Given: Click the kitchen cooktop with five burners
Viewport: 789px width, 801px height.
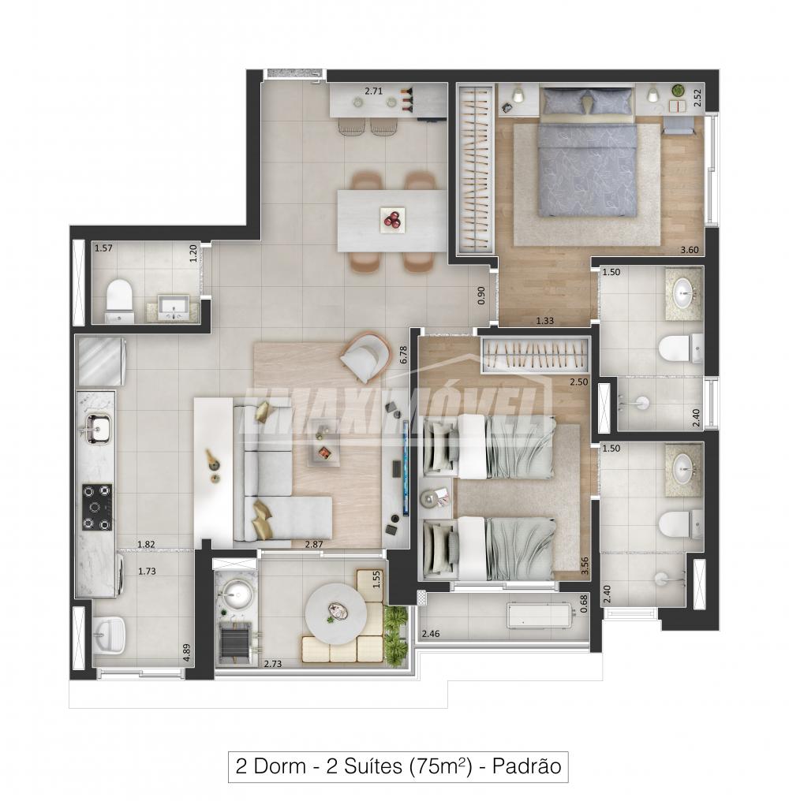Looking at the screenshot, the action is pyautogui.click(x=96, y=507).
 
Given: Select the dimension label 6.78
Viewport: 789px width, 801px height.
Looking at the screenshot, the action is pyautogui.click(x=403, y=355).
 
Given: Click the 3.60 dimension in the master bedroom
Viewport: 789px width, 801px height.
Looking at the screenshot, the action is pyautogui.click(x=690, y=250).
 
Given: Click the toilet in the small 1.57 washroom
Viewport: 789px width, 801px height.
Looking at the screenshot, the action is pyautogui.click(x=119, y=301).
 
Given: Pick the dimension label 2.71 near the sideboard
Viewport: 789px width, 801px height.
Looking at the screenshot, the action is pyautogui.click(x=373, y=91).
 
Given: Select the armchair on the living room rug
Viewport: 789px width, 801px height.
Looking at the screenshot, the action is pyautogui.click(x=364, y=357).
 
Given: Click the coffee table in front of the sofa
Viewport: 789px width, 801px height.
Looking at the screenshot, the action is pyautogui.click(x=324, y=441).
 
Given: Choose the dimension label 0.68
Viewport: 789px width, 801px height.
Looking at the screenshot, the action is pyautogui.click(x=584, y=603).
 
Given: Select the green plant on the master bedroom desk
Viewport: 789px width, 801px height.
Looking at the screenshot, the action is pyautogui.click(x=677, y=91).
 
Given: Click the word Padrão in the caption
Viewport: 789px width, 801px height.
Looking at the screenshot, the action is pyautogui.click(x=527, y=766).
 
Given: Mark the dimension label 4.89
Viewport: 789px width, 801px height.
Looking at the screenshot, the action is pyautogui.click(x=187, y=653).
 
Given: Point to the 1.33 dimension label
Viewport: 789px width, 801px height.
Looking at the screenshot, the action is pyautogui.click(x=544, y=321).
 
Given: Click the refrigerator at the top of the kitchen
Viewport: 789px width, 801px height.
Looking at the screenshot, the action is pyautogui.click(x=100, y=361).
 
